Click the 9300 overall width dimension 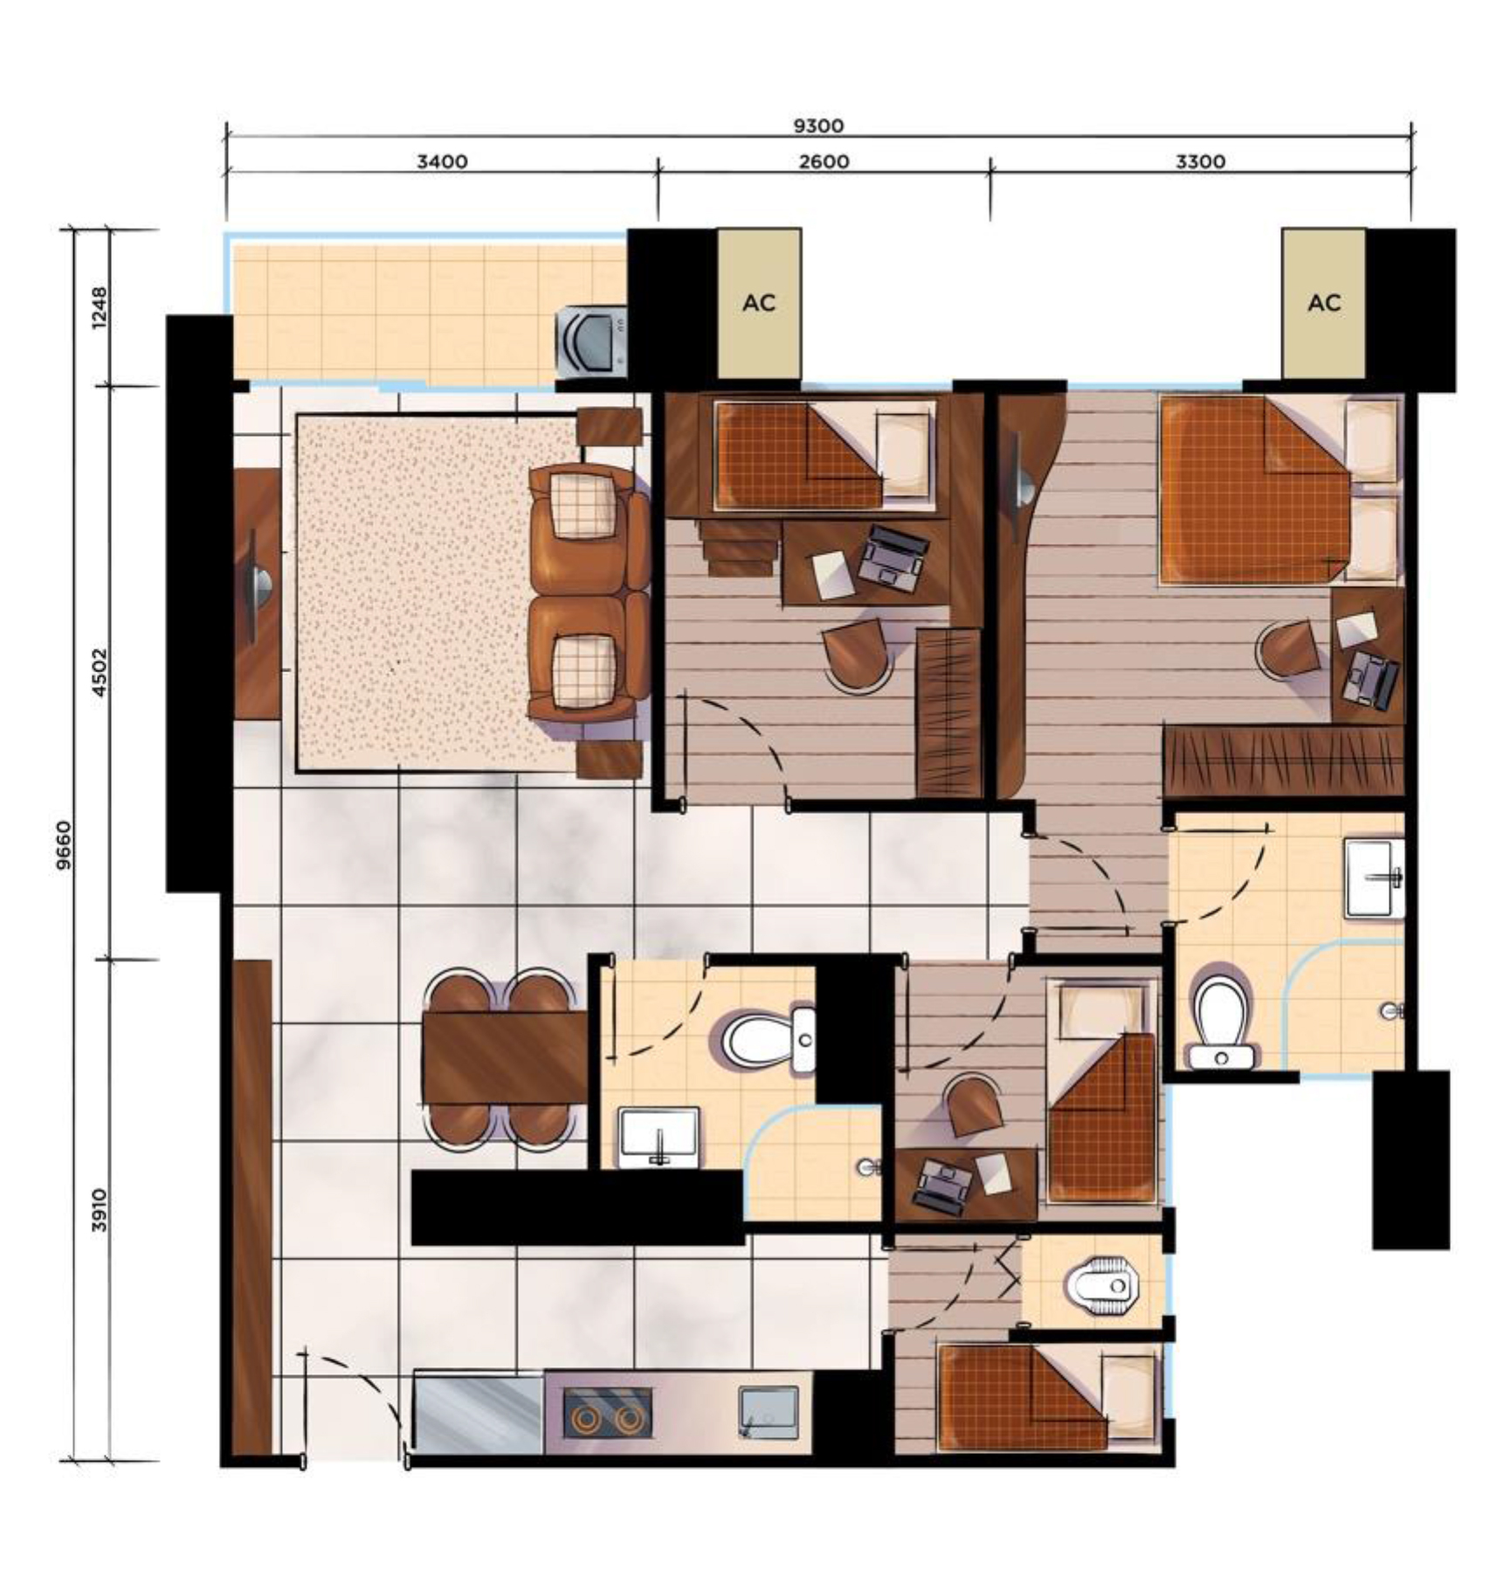[x=818, y=126]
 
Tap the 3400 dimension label [x=442, y=162]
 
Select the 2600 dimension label [x=824, y=162]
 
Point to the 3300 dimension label [x=1200, y=162]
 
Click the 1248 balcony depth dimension [x=100, y=307]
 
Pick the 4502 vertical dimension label [x=100, y=671]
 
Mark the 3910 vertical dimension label [x=100, y=1209]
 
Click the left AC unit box [x=759, y=303]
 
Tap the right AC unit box [x=1324, y=303]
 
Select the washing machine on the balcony [x=592, y=340]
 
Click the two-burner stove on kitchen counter [x=607, y=1412]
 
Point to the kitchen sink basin [x=769, y=1412]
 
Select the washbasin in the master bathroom [x=1376, y=878]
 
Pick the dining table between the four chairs [x=505, y=1057]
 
